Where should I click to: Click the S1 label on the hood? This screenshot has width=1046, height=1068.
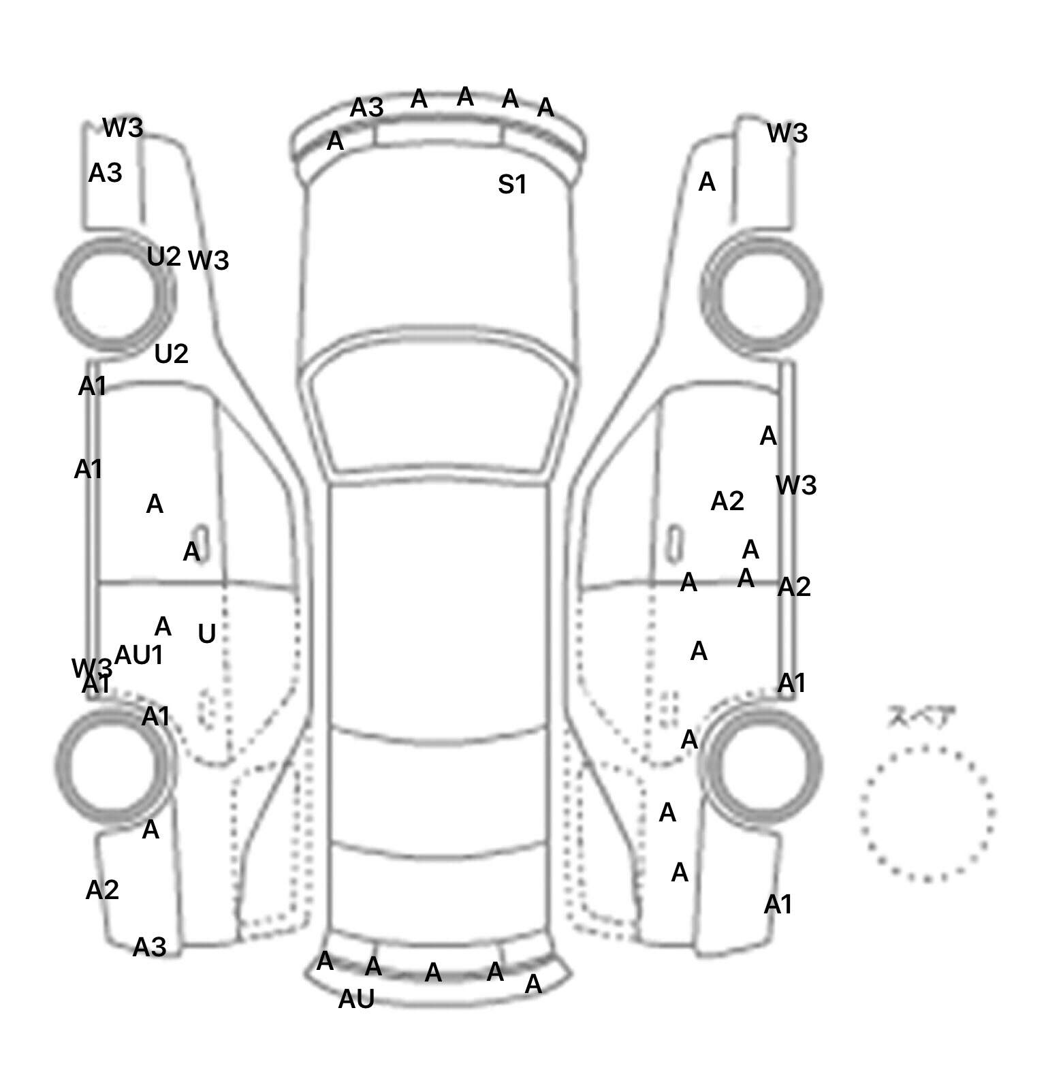pyautogui.click(x=512, y=185)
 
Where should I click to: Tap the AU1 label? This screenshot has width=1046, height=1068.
pyautogui.click(x=139, y=655)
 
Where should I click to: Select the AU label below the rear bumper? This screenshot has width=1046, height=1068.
pyautogui.click(x=356, y=999)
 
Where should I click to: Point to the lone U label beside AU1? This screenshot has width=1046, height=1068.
pyautogui.click(x=206, y=634)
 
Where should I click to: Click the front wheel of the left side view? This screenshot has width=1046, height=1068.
pyautogui.click(x=114, y=293)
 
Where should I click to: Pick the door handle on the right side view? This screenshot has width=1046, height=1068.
pyautogui.click(x=674, y=543)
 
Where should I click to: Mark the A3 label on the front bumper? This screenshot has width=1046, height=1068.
pyautogui.click(x=367, y=108)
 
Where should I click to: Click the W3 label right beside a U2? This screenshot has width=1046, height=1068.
pyautogui.click(x=208, y=260)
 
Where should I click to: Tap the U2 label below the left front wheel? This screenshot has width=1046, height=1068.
pyautogui.click(x=171, y=354)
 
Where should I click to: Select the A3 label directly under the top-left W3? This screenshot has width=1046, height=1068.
pyautogui.click(x=106, y=173)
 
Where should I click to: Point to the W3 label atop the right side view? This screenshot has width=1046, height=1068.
pyautogui.click(x=787, y=133)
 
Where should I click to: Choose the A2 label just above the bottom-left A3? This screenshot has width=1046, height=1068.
pyautogui.click(x=102, y=890)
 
